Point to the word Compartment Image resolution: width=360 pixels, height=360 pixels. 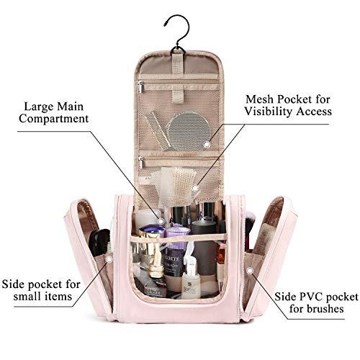(x=54, y=119)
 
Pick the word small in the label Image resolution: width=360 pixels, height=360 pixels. (x=27, y=297)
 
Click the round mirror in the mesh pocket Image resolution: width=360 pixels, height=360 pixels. (x=189, y=128)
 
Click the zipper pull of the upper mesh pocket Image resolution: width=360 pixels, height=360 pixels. (x=141, y=86)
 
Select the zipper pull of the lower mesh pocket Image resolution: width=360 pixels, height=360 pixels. (x=141, y=162)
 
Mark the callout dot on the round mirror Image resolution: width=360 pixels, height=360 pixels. (x=207, y=145)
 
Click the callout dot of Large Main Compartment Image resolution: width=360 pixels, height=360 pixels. (x=161, y=221)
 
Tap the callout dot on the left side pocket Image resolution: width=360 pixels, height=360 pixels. (x=109, y=259)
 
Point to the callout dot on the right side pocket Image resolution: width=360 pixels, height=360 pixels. (x=250, y=271)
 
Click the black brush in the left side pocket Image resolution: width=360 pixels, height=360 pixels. (x=99, y=242)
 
